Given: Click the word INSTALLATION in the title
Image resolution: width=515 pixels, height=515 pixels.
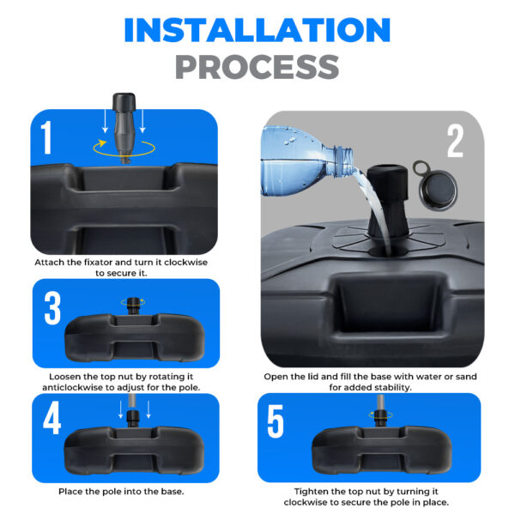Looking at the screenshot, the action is (x=257, y=30).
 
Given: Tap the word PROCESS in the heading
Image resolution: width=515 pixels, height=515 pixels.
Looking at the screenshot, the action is (x=257, y=67).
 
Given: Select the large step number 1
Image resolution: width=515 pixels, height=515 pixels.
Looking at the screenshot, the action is (x=46, y=137).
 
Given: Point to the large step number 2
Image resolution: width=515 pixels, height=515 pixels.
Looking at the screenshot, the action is (x=455, y=141).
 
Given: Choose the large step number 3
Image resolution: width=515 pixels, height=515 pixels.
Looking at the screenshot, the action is (x=52, y=308).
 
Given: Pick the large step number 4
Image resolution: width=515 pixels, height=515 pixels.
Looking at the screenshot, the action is (x=51, y=418).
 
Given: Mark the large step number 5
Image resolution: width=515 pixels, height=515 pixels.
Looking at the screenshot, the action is (x=276, y=421).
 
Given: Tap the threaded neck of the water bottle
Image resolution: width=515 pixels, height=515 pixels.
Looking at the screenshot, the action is (x=342, y=162).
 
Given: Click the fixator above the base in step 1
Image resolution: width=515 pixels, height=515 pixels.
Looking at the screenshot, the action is (x=124, y=128).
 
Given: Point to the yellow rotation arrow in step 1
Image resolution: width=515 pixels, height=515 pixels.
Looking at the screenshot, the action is (x=124, y=148).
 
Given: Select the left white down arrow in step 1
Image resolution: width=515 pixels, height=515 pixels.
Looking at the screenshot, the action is (x=105, y=121).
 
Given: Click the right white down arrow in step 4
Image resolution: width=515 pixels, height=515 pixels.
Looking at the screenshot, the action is (x=148, y=409).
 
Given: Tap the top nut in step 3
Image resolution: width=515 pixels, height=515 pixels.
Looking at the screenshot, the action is (x=133, y=306).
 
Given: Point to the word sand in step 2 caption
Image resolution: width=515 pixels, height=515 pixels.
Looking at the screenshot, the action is (x=466, y=377).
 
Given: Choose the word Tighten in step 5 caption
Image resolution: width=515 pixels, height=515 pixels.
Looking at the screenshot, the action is (x=312, y=492).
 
